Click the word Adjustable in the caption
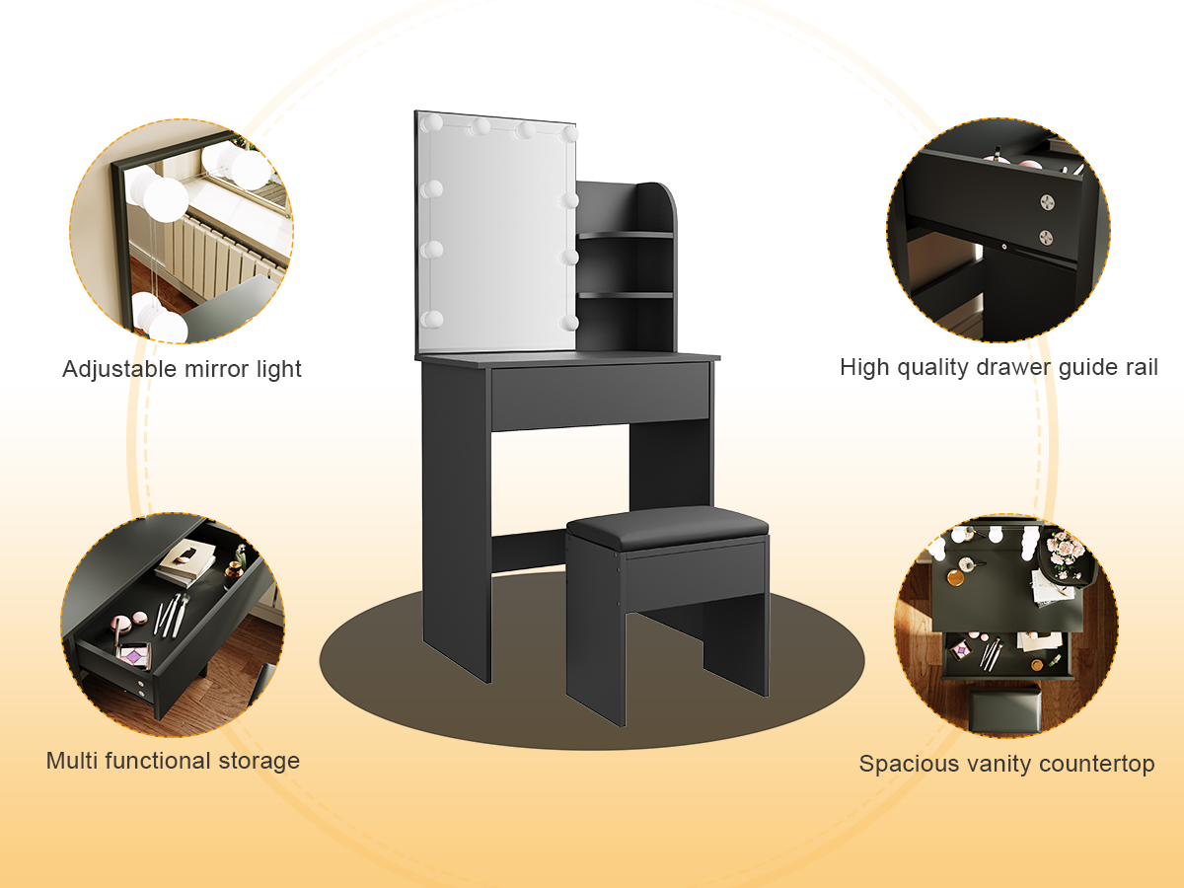[119, 370]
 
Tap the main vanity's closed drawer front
[600, 397]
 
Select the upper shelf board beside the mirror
[626, 235]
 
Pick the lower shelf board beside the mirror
[626, 295]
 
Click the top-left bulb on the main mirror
[431, 123]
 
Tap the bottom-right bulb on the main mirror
[568, 323]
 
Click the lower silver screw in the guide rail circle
[1046, 236]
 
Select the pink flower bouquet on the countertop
[1065, 553]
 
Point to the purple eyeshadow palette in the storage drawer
[132, 656]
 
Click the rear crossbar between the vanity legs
[530, 550]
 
